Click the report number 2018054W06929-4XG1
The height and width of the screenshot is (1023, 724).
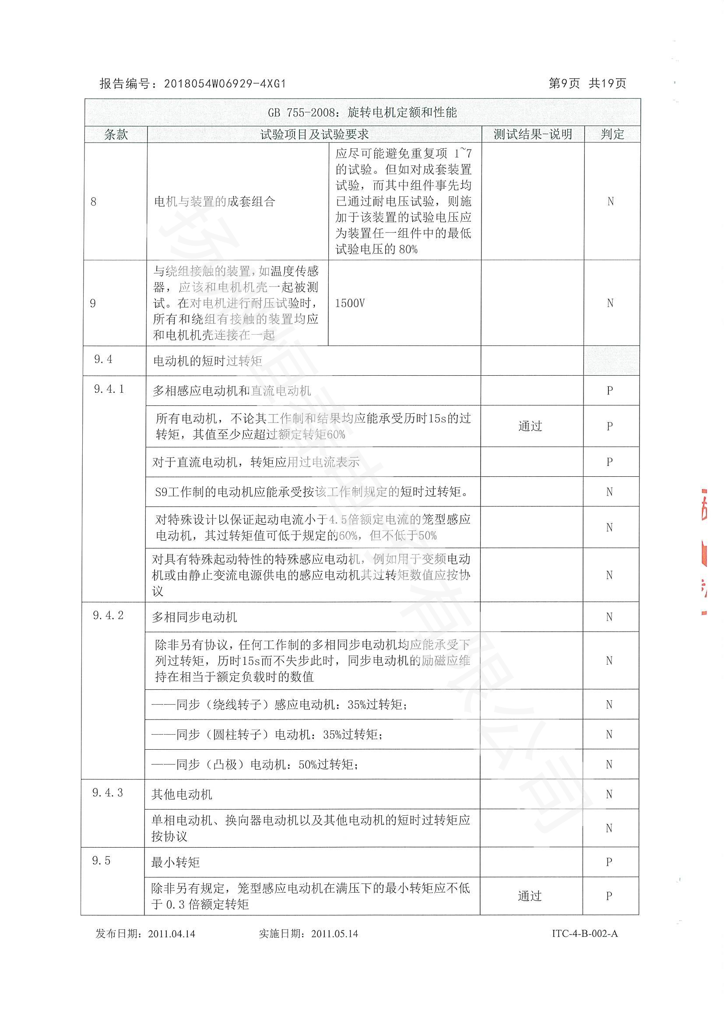(x=225, y=84)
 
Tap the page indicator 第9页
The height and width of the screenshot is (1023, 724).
(x=564, y=84)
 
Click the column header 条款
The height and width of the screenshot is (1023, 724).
(x=116, y=134)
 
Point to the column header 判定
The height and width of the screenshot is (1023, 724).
(x=612, y=134)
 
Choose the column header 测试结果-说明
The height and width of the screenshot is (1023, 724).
(x=533, y=134)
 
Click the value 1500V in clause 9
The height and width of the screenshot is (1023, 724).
(x=350, y=304)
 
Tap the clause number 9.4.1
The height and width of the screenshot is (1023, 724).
(x=109, y=389)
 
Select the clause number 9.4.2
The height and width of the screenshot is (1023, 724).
(x=108, y=615)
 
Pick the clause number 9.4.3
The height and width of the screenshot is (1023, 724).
(x=107, y=793)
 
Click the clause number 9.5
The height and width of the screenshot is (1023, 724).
(x=101, y=861)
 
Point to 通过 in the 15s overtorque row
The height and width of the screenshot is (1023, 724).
(x=530, y=426)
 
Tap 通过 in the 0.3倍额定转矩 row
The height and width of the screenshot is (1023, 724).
(x=530, y=896)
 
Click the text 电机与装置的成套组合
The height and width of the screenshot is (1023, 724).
(x=214, y=202)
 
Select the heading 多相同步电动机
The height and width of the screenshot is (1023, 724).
(x=194, y=617)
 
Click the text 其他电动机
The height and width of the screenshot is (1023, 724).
(x=182, y=794)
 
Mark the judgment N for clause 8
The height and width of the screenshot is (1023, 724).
(x=610, y=201)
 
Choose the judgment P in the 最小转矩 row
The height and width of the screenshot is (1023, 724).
(x=609, y=862)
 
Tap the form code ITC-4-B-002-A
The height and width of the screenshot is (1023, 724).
(x=585, y=933)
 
